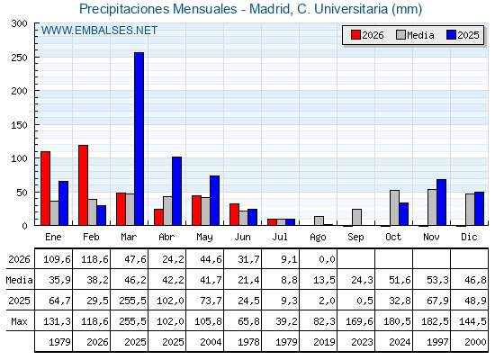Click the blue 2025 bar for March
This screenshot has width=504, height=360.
tap(139, 139)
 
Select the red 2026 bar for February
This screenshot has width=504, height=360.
tap(83, 185)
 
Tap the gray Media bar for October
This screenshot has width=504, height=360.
tap(394, 208)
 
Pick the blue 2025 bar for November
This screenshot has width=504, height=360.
tap(441, 202)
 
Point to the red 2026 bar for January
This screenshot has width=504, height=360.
tap(45, 188)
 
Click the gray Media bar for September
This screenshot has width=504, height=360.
tap(356, 217)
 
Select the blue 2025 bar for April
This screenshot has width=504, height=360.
tap(176, 191)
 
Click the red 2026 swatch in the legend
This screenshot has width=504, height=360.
tap(355, 35)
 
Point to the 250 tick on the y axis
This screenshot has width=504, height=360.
tap(36, 58)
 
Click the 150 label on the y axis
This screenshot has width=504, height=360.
tap(19, 125)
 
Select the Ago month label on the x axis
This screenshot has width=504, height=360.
tap(318, 238)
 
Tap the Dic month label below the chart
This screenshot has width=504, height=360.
tap(469, 237)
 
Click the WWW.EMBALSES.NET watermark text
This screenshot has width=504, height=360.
tap(99, 31)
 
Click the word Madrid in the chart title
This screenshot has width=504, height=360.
tap(270, 9)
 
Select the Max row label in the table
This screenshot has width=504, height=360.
tap(19, 321)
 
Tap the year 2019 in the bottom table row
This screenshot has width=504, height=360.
tap(324, 342)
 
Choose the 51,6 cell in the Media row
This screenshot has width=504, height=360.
tap(400, 280)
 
